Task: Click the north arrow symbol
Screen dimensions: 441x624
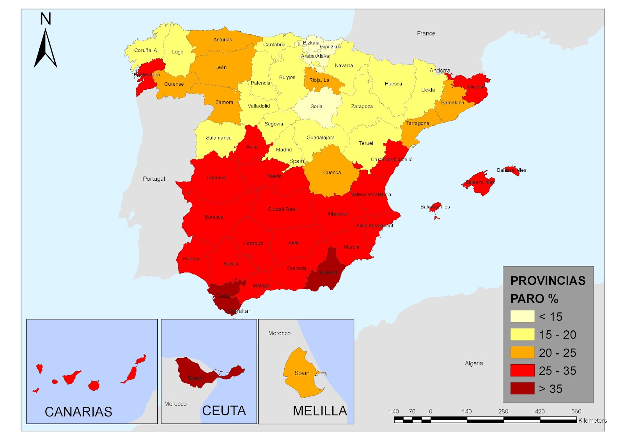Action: pos(46,49)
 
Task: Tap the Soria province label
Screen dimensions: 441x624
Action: pos(316,106)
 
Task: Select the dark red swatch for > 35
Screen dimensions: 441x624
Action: pos(522,388)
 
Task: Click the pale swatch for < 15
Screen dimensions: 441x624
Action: pos(522,316)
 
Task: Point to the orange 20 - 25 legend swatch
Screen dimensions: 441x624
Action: pos(522,353)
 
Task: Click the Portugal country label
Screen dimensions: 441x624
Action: pos(154,179)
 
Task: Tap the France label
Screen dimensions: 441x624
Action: pos(426,34)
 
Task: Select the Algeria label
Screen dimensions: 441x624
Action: pos(474,363)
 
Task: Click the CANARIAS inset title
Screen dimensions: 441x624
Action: pos(78,412)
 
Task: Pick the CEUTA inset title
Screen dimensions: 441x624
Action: pos(224,411)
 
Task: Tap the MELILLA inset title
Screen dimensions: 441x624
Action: pos(320,411)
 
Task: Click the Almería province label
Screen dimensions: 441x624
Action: pos(328,272)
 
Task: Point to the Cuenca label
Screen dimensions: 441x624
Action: pos(332,173)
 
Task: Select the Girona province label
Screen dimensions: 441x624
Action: pos(475,87)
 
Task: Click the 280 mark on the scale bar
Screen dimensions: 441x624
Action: pos(503,411)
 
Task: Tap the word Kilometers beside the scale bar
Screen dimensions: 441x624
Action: pos(592,420)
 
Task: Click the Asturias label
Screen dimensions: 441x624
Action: pos(223,40)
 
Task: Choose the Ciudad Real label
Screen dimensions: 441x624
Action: pos(282,209)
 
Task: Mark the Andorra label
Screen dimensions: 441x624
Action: pos(440,71)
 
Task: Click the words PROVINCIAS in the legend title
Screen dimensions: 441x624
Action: pos(548,280)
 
